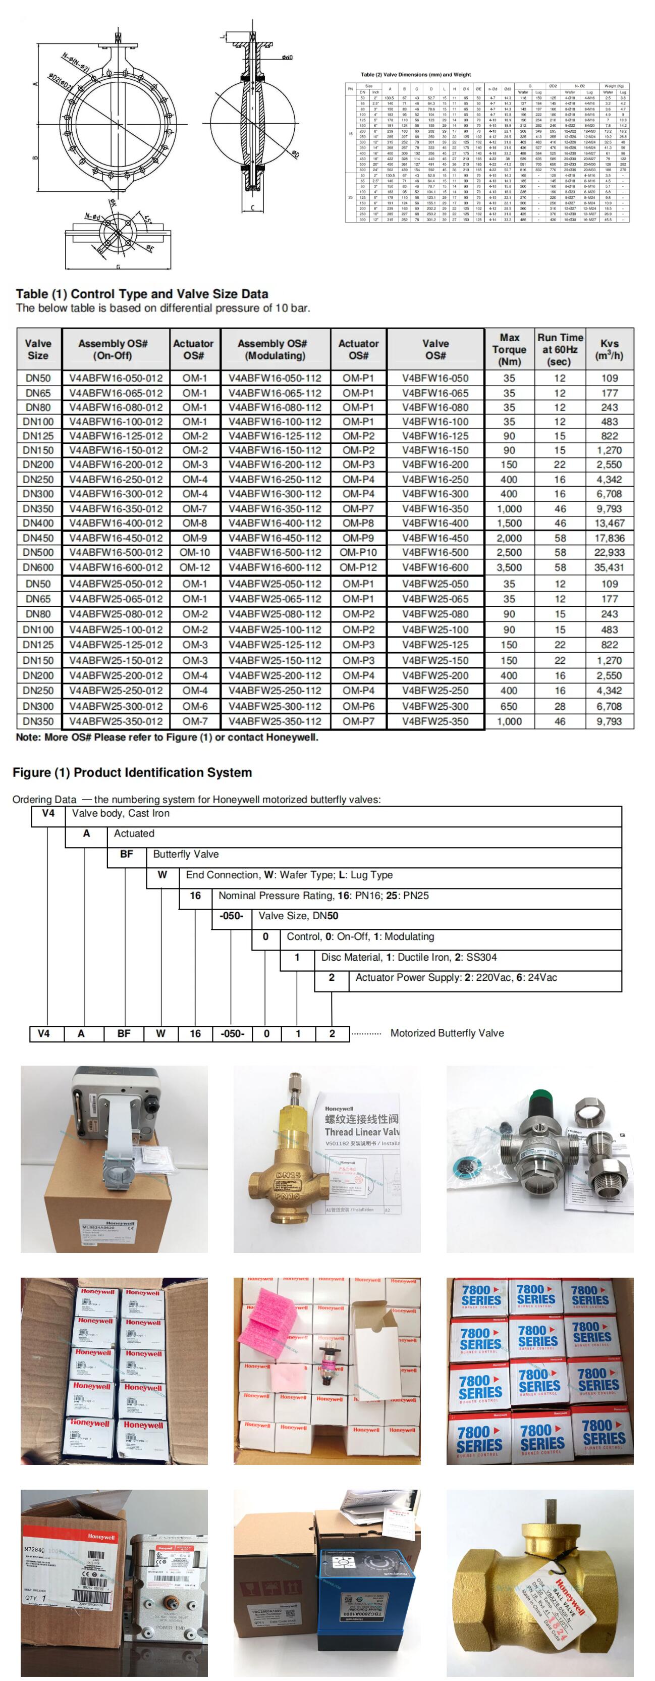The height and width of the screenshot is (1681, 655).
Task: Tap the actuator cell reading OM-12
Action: click(x=194, y=567)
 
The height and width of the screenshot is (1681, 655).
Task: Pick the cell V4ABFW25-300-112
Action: click(x=275, y=706)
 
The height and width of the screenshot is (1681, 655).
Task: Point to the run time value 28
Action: click(x=560, y=706)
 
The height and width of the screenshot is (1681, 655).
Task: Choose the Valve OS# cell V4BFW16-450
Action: click(x=435, y=538)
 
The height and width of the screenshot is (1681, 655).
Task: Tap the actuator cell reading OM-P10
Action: click(x=358, y=552)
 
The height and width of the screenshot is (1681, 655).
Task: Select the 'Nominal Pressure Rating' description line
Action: click(x=323, y=896)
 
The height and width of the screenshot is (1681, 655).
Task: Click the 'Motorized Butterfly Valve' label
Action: click(x=447, y=1032)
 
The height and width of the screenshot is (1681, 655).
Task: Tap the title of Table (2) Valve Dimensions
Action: click(x=416, y=74)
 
